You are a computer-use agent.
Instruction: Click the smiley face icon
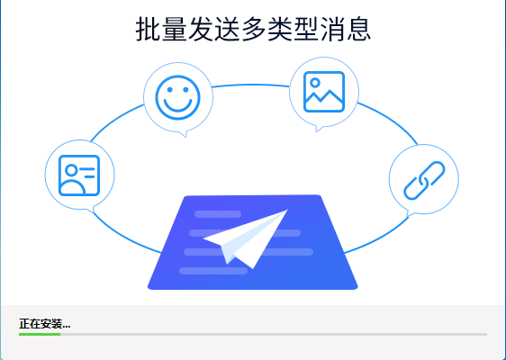coord(177,97)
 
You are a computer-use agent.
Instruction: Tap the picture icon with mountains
coord(324,92)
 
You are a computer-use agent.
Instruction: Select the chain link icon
coord(424,180)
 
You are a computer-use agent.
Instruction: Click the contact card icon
coord(79,175)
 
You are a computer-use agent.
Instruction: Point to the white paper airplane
coord(246,238)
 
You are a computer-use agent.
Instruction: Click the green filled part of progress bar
coord(40,334)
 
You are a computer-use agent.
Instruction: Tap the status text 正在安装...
coord(44,323)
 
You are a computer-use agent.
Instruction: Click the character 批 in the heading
coord(148,29)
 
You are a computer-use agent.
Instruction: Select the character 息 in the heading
coord(359,29)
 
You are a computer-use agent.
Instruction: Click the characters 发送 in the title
coord(213,29)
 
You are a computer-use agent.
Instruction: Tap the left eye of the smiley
coord(169,90)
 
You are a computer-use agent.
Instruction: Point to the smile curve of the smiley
coord(177,106)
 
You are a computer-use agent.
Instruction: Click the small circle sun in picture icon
coord(315,83)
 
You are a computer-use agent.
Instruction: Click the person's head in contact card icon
coord(71,170)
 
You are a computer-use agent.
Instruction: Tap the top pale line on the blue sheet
coord(218,214)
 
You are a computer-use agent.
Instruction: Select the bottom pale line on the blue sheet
coord(213,271)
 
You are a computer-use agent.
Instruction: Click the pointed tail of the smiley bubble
coord(185,134)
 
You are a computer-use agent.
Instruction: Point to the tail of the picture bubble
coord(318,129)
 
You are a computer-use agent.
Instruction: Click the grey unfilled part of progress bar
coord(274,334)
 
